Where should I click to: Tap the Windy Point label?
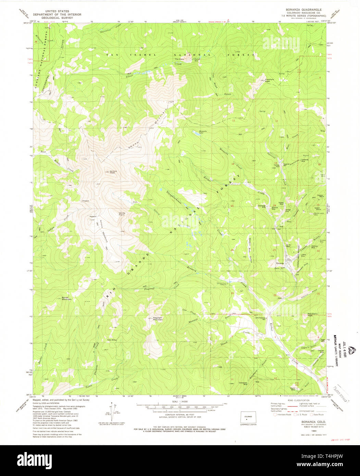pyautogui.click(x=122, y=214)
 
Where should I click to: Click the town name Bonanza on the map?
pyautogui.click(x=280, y=263)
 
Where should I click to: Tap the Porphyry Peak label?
pyautogui.click(x=270, y=80)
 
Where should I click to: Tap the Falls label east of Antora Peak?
pyautogui.click(x=135, y=202)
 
